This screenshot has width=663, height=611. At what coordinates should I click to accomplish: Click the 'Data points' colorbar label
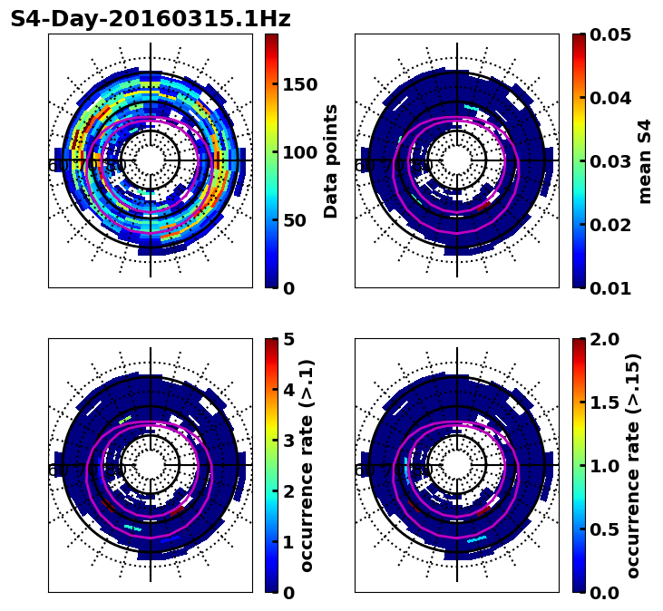point(331,161)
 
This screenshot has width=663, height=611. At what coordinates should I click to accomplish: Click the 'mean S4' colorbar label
point(645,161)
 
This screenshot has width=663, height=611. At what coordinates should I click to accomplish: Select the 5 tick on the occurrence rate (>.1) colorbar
point(288,339)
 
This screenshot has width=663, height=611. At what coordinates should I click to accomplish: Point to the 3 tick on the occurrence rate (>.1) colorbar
point(288,441)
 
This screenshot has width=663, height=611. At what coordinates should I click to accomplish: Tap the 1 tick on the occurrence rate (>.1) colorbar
point(288,542)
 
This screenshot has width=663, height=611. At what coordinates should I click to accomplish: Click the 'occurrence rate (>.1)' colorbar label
point(307,466)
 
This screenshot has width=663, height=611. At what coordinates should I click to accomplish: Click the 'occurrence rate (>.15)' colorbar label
point(633,466)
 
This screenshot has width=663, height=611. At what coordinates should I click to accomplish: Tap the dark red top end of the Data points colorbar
point(271,37)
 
